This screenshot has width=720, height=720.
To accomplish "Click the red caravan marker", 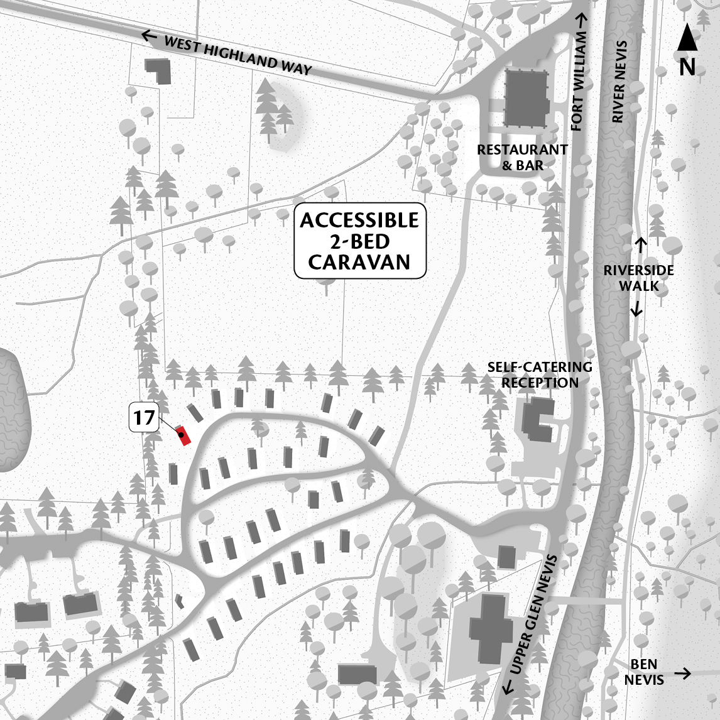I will [x=183, y=435].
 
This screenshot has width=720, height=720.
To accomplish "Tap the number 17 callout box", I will [x=144, y=418].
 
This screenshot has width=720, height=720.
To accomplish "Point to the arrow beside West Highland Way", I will [x=149, y=36].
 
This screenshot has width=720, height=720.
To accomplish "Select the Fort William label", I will [x=579, y=82].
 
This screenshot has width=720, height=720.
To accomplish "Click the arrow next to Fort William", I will [x=582, y=19].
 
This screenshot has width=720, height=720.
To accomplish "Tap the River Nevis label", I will [x=619, y=82].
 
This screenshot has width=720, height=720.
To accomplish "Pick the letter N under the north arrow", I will [x=687, y=67].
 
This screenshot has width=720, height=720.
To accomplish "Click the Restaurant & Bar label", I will [x=522, y=158].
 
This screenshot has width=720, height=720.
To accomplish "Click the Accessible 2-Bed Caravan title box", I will [x=360, y=241].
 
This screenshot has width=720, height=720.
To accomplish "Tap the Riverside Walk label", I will [x=638, y=278].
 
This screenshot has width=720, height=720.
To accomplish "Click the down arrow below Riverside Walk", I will [x=637, y=308].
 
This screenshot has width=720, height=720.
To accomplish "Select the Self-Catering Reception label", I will [x=540, y=374].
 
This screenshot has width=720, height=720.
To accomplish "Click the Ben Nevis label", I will [x=644, y=672].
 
